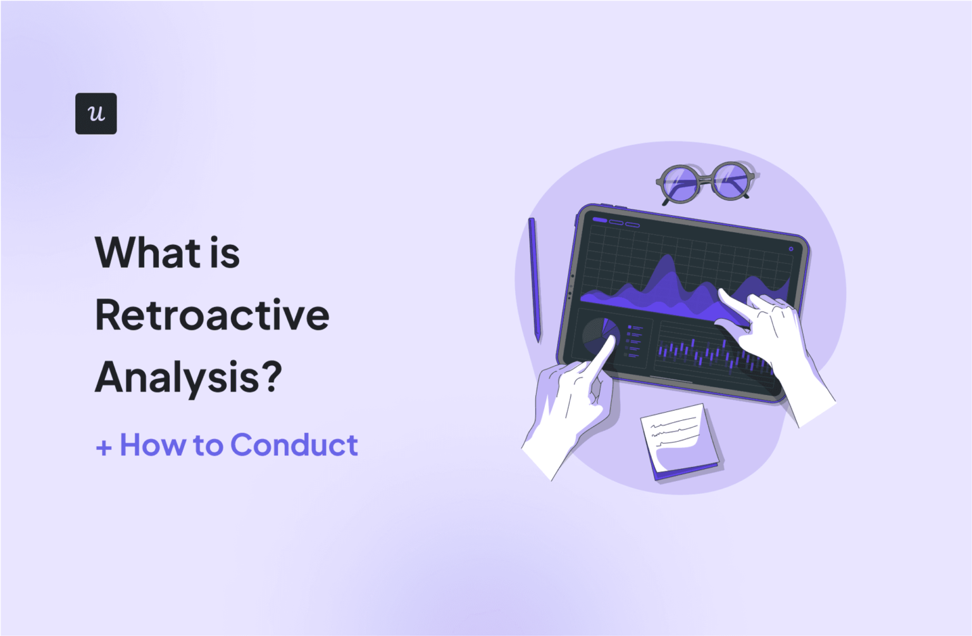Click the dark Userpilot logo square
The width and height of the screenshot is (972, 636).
[96, 113]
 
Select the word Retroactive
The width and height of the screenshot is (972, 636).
[212, 315]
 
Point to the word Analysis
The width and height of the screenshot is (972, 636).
[175, 377]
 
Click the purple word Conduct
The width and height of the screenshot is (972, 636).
[294, 445]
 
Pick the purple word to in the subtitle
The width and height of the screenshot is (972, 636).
[208, 446]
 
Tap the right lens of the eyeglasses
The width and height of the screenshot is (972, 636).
[732, 178]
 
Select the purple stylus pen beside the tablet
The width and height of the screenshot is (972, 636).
[535, 278]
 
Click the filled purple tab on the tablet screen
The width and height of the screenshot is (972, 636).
[599, 220]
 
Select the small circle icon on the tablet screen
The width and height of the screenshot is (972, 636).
[791, 249]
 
